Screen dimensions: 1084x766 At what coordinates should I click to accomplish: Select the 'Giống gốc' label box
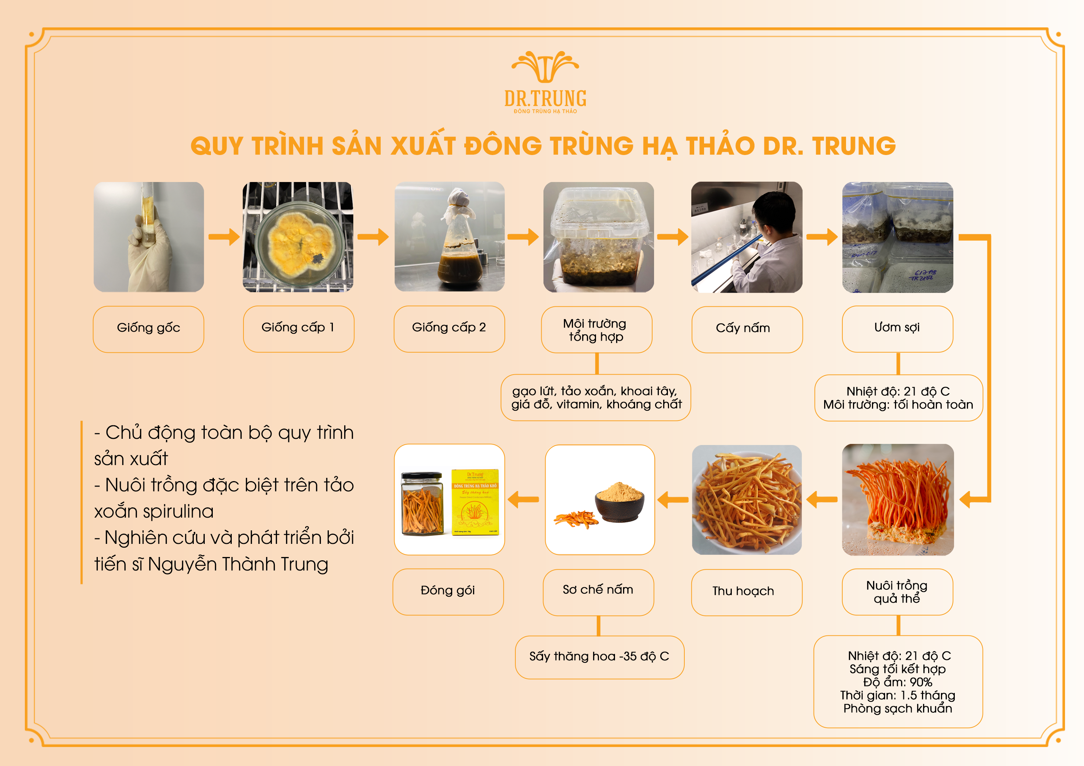click(x=148, y=329)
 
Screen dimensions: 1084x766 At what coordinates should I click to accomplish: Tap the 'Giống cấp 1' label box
click(x=299, y=329)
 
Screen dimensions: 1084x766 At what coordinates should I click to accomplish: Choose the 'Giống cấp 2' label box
click(x=449, y=329)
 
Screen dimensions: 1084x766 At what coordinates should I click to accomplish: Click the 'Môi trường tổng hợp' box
click(x=596, y=329)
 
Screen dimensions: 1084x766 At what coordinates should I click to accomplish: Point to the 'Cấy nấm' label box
click(x=747, y=329)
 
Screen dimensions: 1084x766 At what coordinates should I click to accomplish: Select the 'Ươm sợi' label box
click(x=897, y=329)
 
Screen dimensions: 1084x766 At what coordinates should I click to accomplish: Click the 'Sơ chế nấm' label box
click(x=598, y=592)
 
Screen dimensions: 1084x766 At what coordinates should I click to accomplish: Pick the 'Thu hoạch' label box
click(x=746, y=592)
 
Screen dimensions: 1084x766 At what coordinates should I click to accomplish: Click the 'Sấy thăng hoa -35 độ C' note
click(x=599, y=657)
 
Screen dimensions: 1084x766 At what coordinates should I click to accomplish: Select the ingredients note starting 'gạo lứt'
click(x=595, y=397)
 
